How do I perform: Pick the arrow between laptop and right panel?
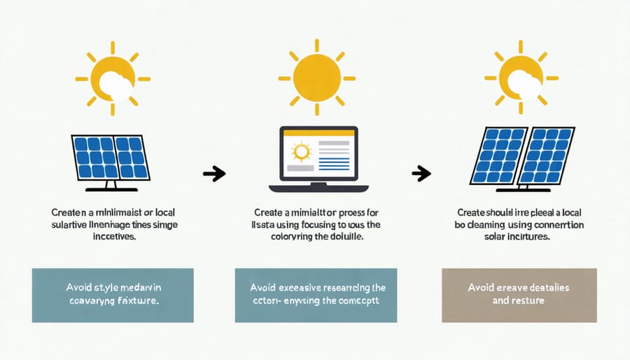click(x=420, y=172)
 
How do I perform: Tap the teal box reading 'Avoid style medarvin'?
click(x=113, y=295)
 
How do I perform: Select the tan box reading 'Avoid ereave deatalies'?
click(x=519, y=294)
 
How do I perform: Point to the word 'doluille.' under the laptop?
click(x=346, y=238)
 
